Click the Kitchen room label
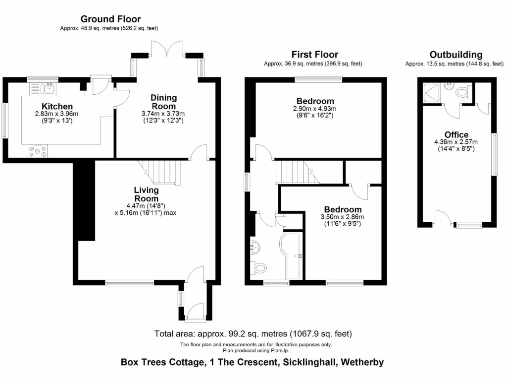(57, 106)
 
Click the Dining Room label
(163, 102)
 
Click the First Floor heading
(314, 55)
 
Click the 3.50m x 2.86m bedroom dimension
(343, 217)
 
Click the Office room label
(456, 134)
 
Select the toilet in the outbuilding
(463, 92)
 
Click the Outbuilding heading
(456, 55)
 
